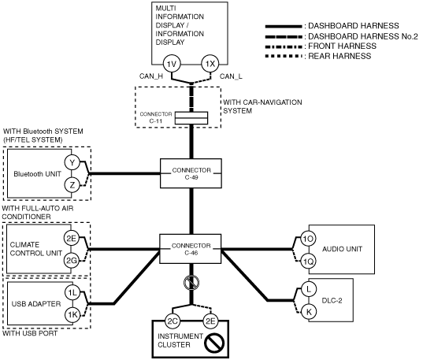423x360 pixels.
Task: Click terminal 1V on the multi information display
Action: (172, 64)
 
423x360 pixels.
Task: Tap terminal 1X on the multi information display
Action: (210, 64)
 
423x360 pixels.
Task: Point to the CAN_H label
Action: (151, 76)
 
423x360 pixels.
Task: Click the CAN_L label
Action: (231, 76)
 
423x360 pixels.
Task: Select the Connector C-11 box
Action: (191, 118)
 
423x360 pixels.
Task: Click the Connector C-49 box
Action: (191, 173)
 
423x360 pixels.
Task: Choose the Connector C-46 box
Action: (191, 249)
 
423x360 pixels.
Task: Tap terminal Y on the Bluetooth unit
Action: (72, 162)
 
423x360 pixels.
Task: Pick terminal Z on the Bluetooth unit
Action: (72, 185)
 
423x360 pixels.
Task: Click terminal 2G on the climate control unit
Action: (72, 261)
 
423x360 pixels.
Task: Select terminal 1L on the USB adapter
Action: (72, 292)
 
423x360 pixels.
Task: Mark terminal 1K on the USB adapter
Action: (72, 314)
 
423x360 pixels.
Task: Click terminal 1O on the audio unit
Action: (308, 239)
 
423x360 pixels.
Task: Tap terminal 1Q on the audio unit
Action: (308, 262)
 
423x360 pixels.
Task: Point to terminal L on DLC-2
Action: (309, 289)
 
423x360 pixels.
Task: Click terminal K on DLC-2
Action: (309, 312)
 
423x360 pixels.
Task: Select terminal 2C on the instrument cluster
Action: (173, 321)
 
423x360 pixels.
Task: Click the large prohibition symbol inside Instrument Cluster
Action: (214, 343)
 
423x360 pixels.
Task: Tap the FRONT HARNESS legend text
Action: (342, 46)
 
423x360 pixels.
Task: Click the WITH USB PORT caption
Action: (30, 333)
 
